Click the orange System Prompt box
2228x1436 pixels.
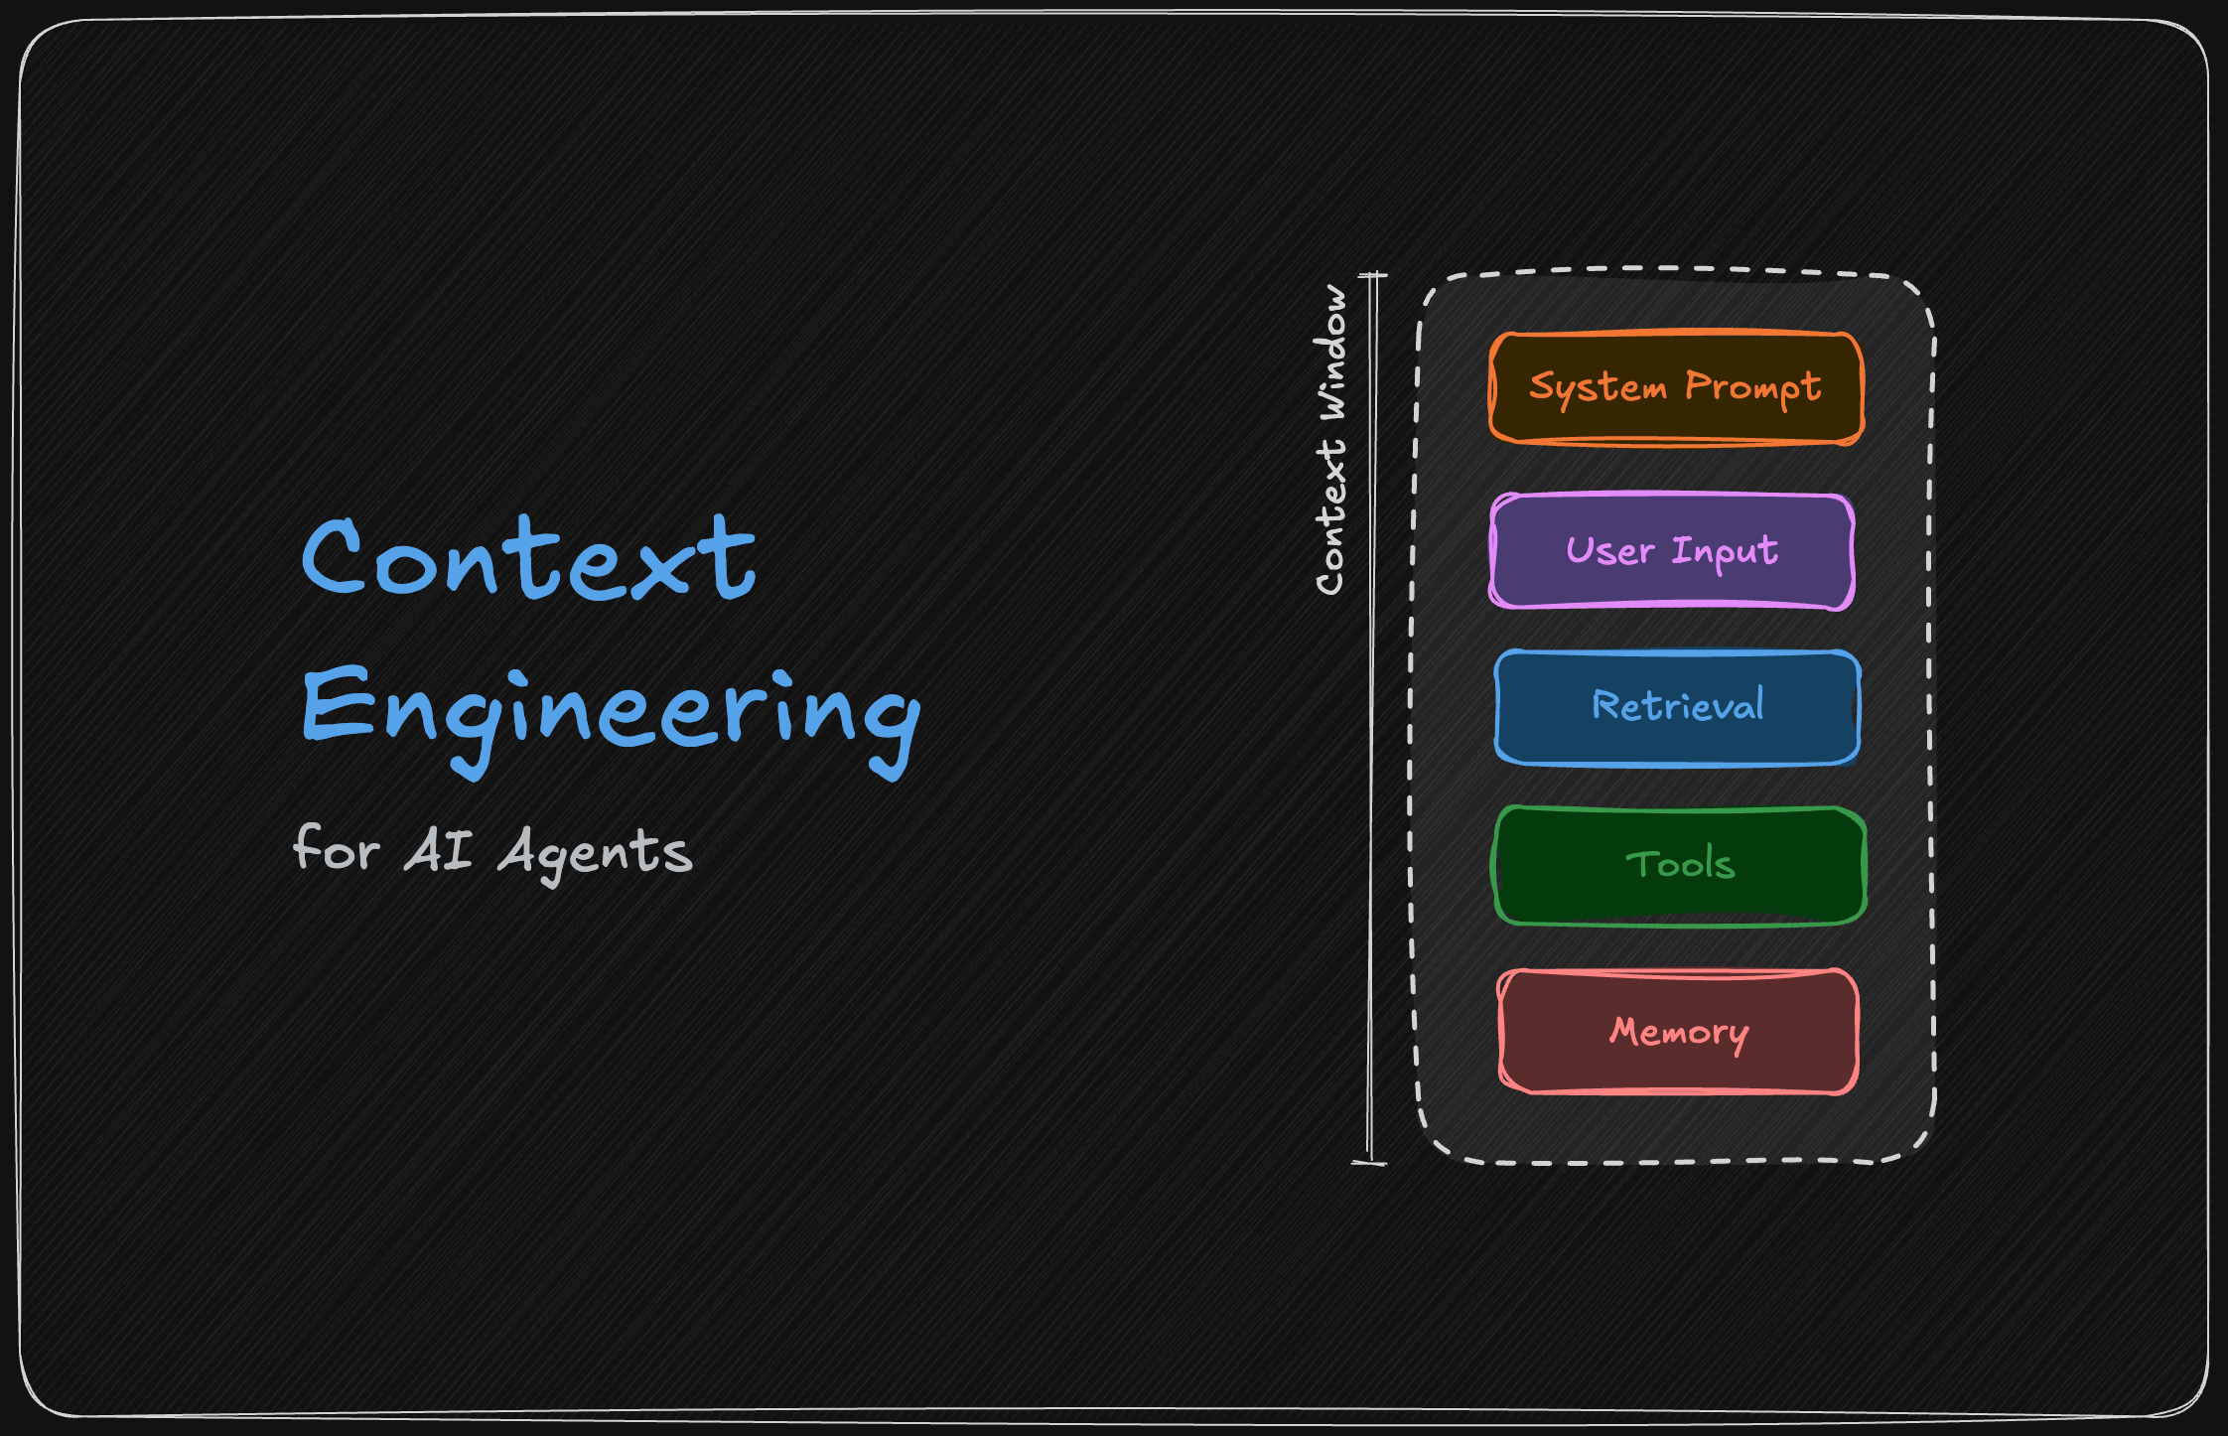[1676, 388]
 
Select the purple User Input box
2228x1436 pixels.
[1672, 551]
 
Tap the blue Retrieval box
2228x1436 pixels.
[1677, 707]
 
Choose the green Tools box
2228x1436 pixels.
[1679, 866]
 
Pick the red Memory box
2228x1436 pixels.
[1678, 1032]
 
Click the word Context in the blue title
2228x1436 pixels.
[528, 558]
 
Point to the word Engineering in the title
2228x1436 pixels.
[612, 720]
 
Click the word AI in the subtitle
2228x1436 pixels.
[438, 850]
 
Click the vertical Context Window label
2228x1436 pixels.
[1331, 440]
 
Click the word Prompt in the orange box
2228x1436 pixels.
[1753, 388]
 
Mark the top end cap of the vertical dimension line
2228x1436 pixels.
[1373, 275]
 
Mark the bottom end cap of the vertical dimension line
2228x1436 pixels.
[1369, 1162]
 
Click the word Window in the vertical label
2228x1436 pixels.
[1331, 352]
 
